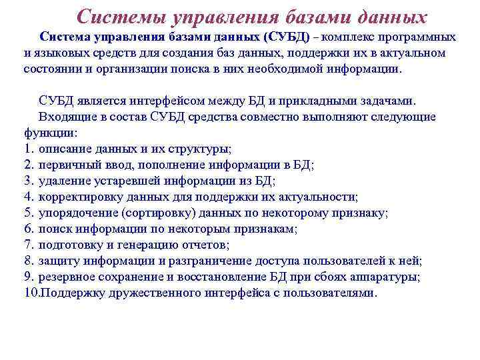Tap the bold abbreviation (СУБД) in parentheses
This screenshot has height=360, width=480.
point(287,37)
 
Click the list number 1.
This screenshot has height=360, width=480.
point(28,149)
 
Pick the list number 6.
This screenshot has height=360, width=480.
point(28,229)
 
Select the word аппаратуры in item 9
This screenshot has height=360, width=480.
point(407,277)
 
